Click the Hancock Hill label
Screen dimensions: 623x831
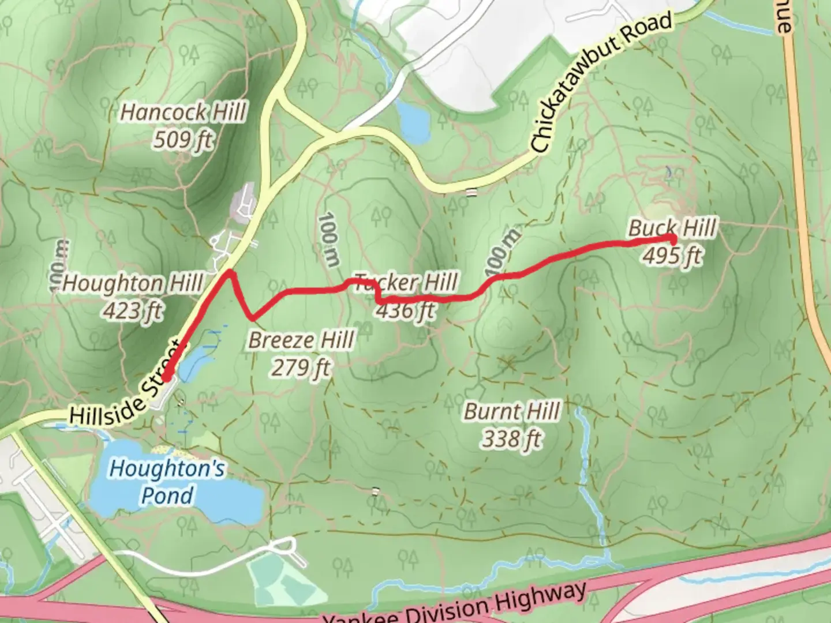(184, 112)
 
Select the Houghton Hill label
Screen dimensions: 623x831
(133, 284)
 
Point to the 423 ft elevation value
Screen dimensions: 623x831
(133, 311)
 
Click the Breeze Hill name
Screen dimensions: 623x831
(301, 340)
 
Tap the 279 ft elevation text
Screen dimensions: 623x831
(301, 367)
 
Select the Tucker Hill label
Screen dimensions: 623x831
(405, 283)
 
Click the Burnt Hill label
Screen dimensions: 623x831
(512, 412)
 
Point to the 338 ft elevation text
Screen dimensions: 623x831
(512, 440)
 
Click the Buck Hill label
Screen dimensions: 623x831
(672, 227)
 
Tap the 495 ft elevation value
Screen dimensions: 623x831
(672, 254)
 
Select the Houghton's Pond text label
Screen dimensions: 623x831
(167, 482)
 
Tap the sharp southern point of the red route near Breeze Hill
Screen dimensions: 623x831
(252, 317)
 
